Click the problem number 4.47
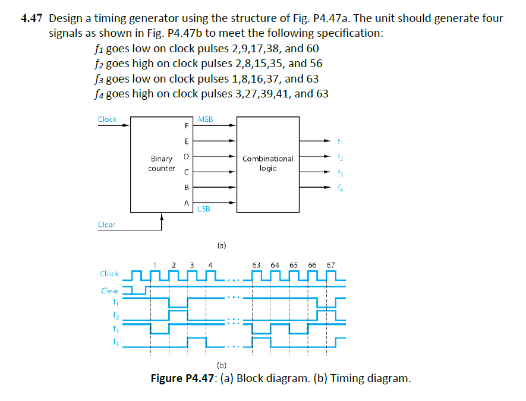pos(31,18)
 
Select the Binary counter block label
pos(162,163)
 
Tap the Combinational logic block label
pos(267,163)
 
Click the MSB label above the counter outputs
pos(205,119)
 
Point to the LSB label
pos(204,209)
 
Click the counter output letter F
pos(186,126)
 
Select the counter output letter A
pos(186,203)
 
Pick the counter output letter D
pos(186,157)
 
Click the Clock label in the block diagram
pos(107,119)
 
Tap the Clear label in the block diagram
pos(107,225)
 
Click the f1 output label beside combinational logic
pos(339,141)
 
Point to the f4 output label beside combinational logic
pos(339,188)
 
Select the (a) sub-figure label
pos(221,244)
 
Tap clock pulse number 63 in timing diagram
pos(256,264)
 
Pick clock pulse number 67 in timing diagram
pos(330,264)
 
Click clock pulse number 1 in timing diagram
pos(155,264)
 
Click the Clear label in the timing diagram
pos(110,291)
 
